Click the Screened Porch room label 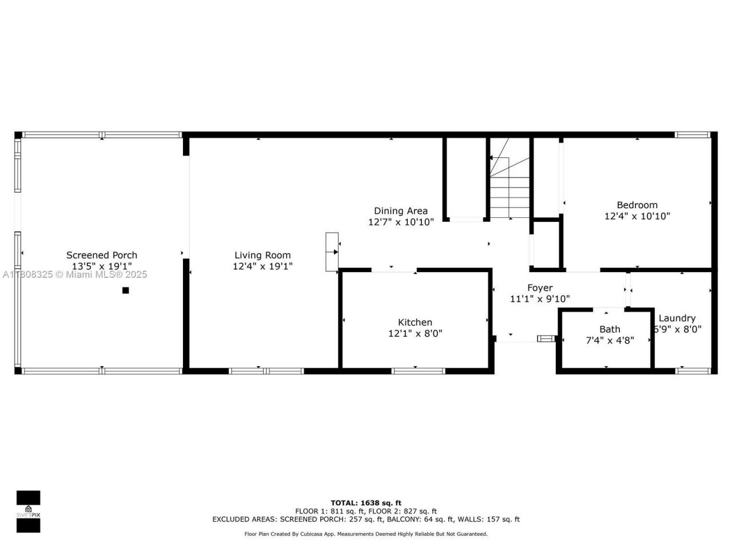[102, 255]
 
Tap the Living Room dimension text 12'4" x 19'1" [262, 266]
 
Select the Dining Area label [400, 211]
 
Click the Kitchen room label [415, 323]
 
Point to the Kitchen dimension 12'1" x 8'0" [415, 333]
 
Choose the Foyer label [539, 288]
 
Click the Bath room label [610, 329]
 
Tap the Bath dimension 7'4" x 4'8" [610, 340]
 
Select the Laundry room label [677, 319]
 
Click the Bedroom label [637, 205]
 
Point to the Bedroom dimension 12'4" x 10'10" [637, 216]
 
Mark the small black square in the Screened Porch [126, 291]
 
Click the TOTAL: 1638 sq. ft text [366, 503]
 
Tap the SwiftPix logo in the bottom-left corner [28, 511]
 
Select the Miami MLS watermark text [74, 275]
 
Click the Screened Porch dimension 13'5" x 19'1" [102, 266]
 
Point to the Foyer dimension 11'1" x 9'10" [539, 299]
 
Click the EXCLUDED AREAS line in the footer [366, 519]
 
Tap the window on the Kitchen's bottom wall [418, 371]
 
